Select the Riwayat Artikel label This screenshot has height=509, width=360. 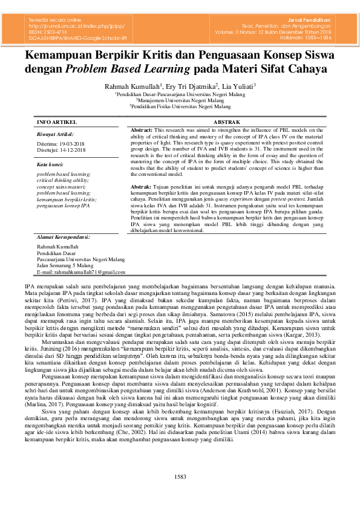[x=55, y=134]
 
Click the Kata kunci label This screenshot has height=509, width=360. [x=51, y=164]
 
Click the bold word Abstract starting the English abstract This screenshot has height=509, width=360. [x=142, y=130]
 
